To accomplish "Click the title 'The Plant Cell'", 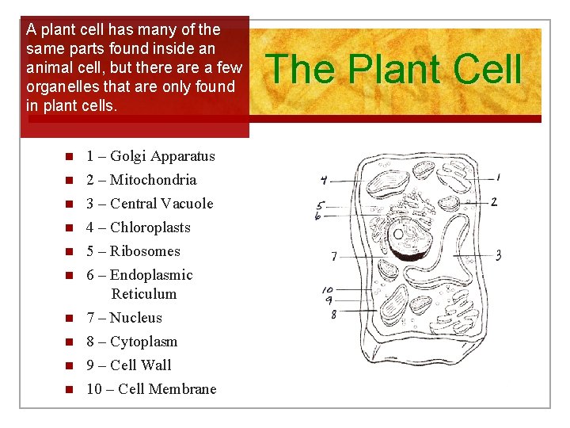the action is (x=396, y=69).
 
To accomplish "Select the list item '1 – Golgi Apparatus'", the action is (x=150, y=156).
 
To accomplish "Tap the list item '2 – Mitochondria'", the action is (x=141, y=180).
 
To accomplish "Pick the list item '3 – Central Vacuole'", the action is (x=150, y=204).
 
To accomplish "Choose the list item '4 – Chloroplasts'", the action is (x=139, y=227).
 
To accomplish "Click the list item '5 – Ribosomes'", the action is (x=133, y=251).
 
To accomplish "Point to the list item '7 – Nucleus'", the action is (x=123, y=318).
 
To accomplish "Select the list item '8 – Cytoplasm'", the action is (x=131, y=342).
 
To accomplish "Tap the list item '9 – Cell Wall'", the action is (x=128, y=365).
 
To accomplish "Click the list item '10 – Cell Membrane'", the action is (x=150, y=389).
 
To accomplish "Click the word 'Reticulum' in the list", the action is (x=144, y=294).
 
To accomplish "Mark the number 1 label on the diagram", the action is (x=498, y=178).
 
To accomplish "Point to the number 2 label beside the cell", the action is (x=494, y=202).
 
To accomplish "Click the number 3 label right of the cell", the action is (x=498, y=255).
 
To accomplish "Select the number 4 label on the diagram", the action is (x=324, y=181).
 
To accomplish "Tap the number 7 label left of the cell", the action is (x=334, y=256).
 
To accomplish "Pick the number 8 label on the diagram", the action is (x=333, y=315).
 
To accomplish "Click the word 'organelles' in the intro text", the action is (x=59, y=86).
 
